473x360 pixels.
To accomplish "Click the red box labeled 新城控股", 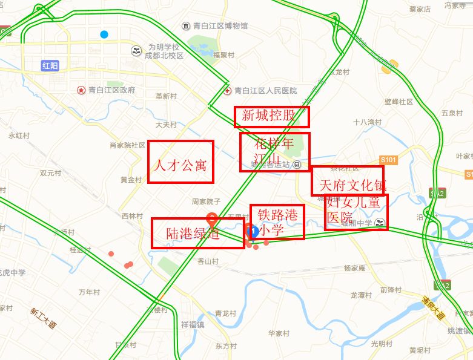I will point(272,117).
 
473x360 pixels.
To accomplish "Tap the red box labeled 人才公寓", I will point(181,162).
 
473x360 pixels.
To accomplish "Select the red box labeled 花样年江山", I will point(274,152).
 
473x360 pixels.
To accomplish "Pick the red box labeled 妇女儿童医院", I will point(356,212).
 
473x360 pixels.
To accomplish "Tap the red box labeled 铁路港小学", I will point(277,222).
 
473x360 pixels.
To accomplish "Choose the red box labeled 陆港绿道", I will point(193,233).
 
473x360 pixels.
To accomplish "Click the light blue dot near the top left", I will point(105,34).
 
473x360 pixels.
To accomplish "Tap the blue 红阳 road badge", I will point(50,65).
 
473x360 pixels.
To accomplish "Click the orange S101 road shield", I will point(388,160).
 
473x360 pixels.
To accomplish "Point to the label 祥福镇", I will point(192,324).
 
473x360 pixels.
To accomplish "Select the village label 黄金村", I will point(130,180).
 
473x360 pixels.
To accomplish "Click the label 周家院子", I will point(205,201).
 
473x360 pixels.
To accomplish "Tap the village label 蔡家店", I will point(419,9).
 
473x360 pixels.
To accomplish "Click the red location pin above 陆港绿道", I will point(213,220).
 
